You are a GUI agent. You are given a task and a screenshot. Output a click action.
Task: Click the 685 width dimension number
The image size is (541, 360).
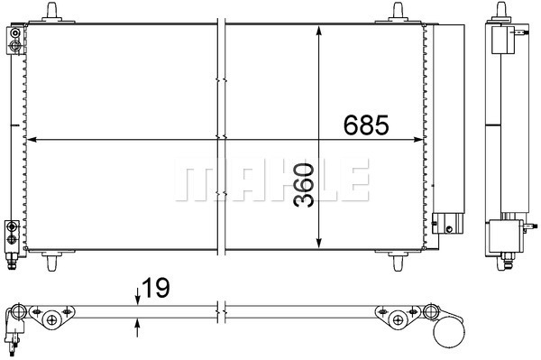(366, 125)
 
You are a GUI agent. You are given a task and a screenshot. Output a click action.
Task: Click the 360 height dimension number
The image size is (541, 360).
(304, 185)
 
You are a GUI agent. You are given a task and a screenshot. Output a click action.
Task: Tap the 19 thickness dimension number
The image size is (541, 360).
(156, 288)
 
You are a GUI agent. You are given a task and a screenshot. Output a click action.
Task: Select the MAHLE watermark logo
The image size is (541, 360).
(272, 180)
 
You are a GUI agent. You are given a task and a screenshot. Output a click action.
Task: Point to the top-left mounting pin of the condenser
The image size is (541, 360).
(51, 13)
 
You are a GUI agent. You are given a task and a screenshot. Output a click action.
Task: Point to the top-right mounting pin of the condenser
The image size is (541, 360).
(398, 13)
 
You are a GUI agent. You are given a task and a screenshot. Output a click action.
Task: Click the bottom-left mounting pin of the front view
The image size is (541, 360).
(51, 262)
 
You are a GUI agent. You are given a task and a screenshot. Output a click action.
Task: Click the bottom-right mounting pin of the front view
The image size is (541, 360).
(398, 262)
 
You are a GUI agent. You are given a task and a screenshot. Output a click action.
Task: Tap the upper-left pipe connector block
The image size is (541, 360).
(15, 40)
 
